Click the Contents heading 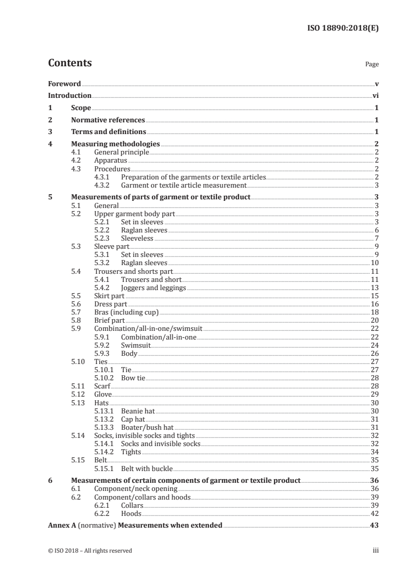70,63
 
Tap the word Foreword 64,84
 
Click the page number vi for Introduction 375,95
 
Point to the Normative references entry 108,120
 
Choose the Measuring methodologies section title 116,144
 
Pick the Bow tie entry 133,378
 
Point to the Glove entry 103,394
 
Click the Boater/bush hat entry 148,427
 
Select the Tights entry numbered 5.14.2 131,452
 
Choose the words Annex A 61,526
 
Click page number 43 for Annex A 374,526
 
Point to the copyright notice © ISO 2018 90,551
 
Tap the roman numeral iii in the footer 376,551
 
